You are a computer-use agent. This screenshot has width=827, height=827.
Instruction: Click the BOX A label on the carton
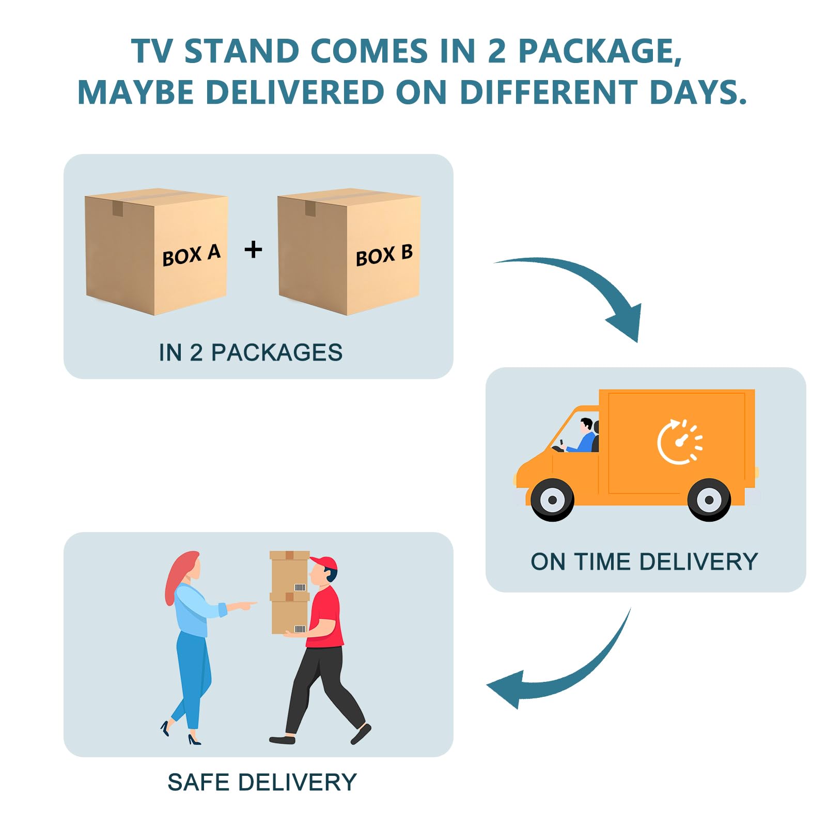tap(191, 255)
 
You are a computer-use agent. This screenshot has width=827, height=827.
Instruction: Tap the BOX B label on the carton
tap(384, 255)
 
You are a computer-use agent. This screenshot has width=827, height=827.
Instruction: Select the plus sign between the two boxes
tap(253, 249)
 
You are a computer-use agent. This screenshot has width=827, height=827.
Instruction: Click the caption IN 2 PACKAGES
tap(251, 353)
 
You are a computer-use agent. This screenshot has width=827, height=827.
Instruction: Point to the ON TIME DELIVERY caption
tap(644, 561)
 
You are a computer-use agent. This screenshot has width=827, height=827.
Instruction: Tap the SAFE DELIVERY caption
tap(262, 782)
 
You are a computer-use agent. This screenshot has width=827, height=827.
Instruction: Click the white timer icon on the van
tap(679, 442)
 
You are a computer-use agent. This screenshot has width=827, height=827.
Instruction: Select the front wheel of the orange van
tap(552, 500)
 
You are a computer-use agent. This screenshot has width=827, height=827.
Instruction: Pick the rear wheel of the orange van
tap(709, 500)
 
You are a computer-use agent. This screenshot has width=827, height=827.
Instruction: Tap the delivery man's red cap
tap(324, 563)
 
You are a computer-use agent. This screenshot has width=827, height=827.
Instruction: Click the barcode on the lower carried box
tap(300, 629)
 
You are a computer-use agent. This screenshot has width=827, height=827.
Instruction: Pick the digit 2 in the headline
tap(496, 52)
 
